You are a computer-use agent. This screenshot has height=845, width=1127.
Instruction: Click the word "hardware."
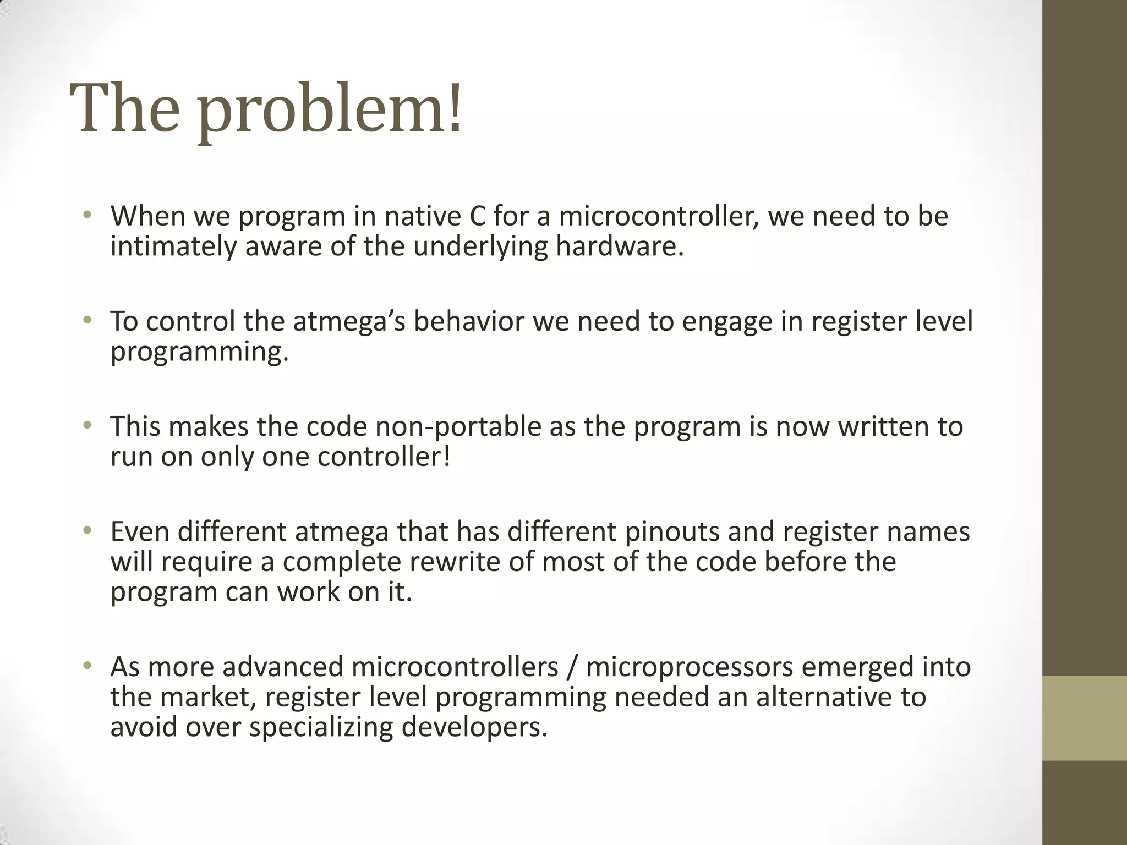[x=620, y=246]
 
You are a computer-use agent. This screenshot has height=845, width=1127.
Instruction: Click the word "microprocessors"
[x=689, y=667]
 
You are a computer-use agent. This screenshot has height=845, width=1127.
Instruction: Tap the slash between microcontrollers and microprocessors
[x=572, y=667]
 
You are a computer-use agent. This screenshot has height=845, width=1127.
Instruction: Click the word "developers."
[x=474, y=727]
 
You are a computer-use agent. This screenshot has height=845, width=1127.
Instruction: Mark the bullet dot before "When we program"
[x=86, y=215]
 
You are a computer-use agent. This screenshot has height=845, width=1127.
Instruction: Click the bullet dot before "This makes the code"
[x=86, y=426]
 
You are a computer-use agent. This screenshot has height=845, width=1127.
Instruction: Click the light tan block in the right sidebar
[x=1085, y=718]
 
